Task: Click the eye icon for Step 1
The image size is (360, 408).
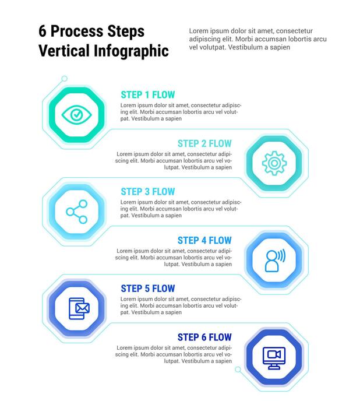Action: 76,114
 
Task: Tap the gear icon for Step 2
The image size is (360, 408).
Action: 273,163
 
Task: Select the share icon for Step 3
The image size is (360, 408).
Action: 76,212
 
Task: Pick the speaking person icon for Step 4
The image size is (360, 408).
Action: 274,261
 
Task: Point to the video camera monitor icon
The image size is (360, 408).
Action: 273,357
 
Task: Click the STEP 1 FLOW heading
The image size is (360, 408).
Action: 147,94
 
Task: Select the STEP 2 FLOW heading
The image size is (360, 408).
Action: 204,143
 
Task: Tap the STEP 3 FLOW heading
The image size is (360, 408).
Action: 147,192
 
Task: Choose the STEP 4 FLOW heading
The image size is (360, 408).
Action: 204,240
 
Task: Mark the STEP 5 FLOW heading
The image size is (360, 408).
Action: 147,289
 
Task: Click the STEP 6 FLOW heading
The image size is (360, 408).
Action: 204,337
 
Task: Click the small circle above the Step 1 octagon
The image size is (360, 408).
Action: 64,79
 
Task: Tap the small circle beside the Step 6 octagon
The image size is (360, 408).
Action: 238,369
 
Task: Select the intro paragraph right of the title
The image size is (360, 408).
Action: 257,39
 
